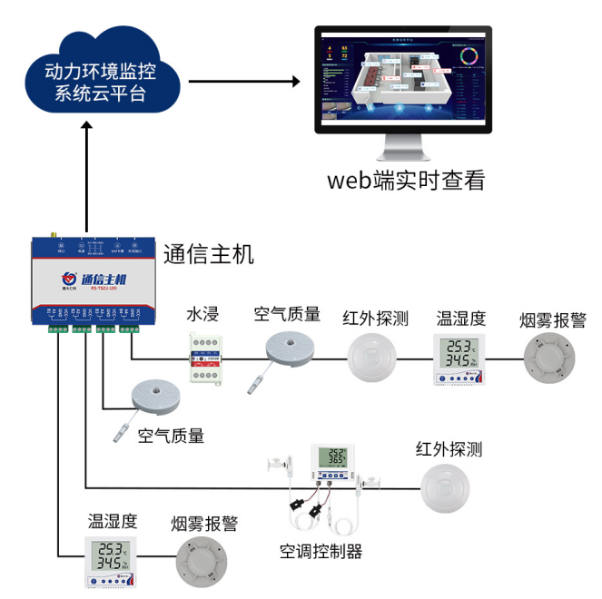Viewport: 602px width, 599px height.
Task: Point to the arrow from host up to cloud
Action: coord(86,177)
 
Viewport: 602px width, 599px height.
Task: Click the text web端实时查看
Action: coord(406,180)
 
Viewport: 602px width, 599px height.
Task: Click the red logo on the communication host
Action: coord(68,279)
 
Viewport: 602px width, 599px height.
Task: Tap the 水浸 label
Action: coord(202,315)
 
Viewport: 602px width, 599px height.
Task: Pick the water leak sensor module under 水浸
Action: coord(207,359)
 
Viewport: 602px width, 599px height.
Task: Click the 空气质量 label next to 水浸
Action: coord(287,315)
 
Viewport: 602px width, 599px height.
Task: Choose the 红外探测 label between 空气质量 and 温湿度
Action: coord(375,319)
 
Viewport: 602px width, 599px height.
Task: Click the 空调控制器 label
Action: coord(321,551)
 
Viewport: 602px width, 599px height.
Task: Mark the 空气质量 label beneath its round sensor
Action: coord(171,437)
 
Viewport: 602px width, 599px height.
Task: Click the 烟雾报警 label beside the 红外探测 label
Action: coord(553,320)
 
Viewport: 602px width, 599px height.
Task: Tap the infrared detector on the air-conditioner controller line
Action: coord(447,489)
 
